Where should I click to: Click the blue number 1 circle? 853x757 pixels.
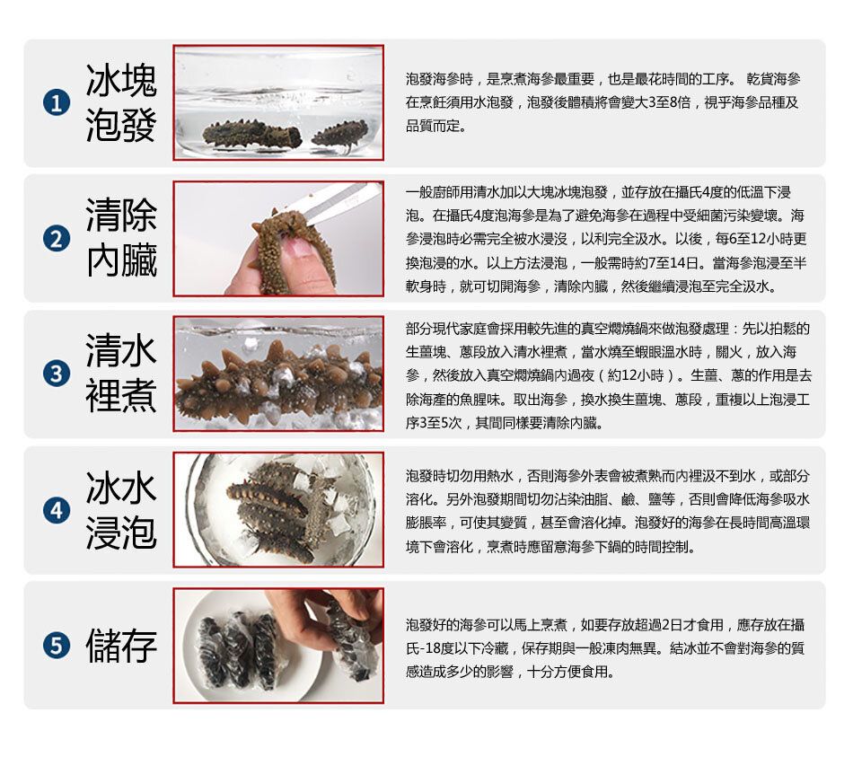(57, 103)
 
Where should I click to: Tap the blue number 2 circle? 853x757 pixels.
(57, 239)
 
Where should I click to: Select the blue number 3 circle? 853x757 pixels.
(57, 374)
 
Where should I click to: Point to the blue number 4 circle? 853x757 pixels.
(57, 510)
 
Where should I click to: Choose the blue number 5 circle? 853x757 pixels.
(57, 646)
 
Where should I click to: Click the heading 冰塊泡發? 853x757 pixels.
(121, 103)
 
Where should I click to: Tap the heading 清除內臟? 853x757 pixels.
(121, 238)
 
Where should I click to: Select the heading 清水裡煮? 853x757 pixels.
(121, 374)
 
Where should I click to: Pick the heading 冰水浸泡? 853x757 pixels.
(121, 510)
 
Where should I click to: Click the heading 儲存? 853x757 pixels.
(121, 646)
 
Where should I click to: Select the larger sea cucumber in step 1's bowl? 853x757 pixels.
(252, 134)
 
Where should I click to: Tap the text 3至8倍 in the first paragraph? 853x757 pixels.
(670, 102)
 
